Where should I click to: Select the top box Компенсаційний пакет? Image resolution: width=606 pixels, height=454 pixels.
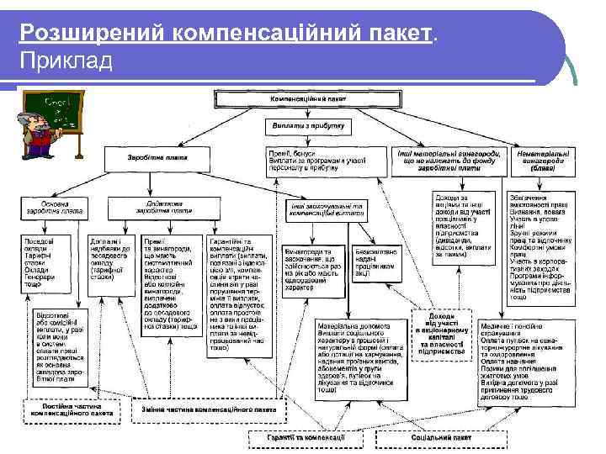[x=307, y=98]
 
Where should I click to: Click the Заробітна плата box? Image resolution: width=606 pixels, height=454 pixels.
[x=157, y=158]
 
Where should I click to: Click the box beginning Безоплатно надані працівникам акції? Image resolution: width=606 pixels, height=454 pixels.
[x=377, y=261]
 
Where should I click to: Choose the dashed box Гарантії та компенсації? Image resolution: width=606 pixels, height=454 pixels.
[x=307, y=438]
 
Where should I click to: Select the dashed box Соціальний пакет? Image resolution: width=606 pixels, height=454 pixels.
[x=439, y=438]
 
